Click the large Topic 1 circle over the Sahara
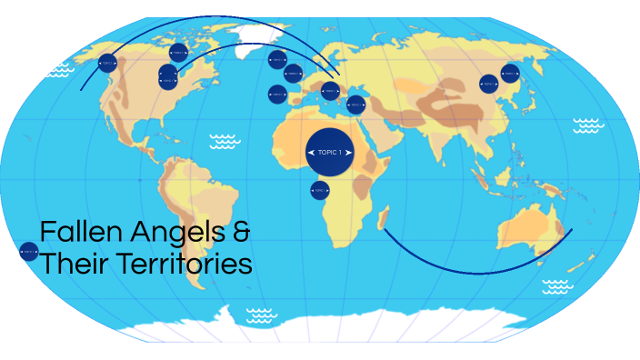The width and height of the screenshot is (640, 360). pyautogui.click(x=330, y=152)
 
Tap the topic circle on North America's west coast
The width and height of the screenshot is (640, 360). pyautogui.click(x=107, y=63)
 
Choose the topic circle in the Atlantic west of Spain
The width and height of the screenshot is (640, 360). pyautogui.click(x=277, y=94)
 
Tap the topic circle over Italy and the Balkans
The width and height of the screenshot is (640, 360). pyautogui.click(x=330, y=90)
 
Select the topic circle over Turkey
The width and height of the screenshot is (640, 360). pyautogui.click(x=356, y=105)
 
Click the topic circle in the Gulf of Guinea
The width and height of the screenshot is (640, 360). pyautogui.click(x=319, y=190)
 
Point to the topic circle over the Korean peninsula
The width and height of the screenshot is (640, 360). pyautogui.click(x=510, y=73)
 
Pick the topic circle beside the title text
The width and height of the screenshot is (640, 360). pyautogui.click(x=28, y=251)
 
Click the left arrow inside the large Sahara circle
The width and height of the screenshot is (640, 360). pyautogui.click(x=312, y=152)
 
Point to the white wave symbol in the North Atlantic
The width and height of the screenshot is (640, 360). pyautogui.click(x=223, y=141)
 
